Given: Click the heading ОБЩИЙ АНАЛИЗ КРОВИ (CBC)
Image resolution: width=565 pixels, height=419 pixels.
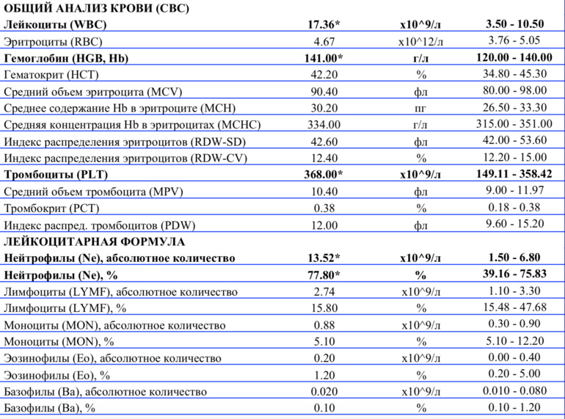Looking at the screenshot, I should click(x=96, y=9).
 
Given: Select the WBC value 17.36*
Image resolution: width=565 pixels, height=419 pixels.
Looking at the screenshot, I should click(x=324, y=25).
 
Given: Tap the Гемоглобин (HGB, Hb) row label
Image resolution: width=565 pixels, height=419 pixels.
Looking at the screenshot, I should click(x=67, y=58).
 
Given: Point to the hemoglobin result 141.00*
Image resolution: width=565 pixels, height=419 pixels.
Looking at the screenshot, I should click(x=324, y=58).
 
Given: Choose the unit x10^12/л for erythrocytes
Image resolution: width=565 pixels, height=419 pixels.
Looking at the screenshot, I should click(x=420, y=42).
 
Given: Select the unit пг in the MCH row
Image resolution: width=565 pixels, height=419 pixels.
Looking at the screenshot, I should click(x=420, y=109).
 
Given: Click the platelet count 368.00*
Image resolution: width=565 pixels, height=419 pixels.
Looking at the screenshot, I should click(x=324, y=175).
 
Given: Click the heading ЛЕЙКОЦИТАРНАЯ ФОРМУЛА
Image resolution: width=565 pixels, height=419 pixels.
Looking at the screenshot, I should click(x=95, y=241).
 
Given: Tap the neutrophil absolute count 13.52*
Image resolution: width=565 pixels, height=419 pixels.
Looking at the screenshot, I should click(x=324, y=258).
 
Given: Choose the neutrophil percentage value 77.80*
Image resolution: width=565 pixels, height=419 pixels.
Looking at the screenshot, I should click(x=324, y=274).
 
